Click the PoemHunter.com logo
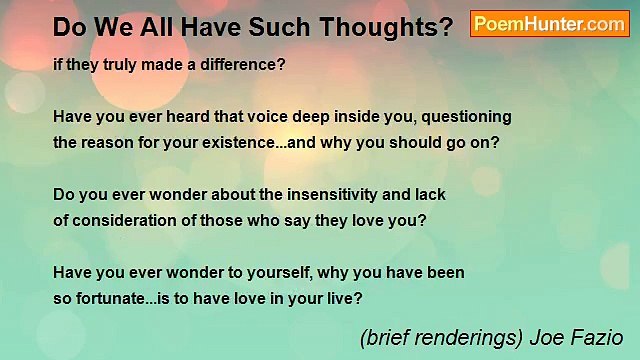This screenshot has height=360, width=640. [549, 24]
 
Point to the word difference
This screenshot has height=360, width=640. [244, 64]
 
